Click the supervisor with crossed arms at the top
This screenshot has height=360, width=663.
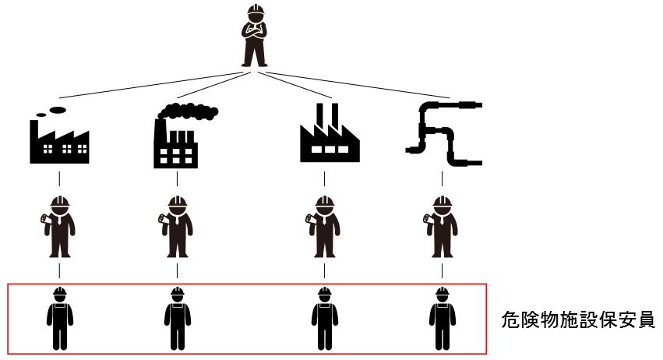point(255,37)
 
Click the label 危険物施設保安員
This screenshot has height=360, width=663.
point(577,319)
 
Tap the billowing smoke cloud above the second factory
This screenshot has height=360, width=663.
point(191,111)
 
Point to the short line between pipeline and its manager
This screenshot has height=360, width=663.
point(443,179)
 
